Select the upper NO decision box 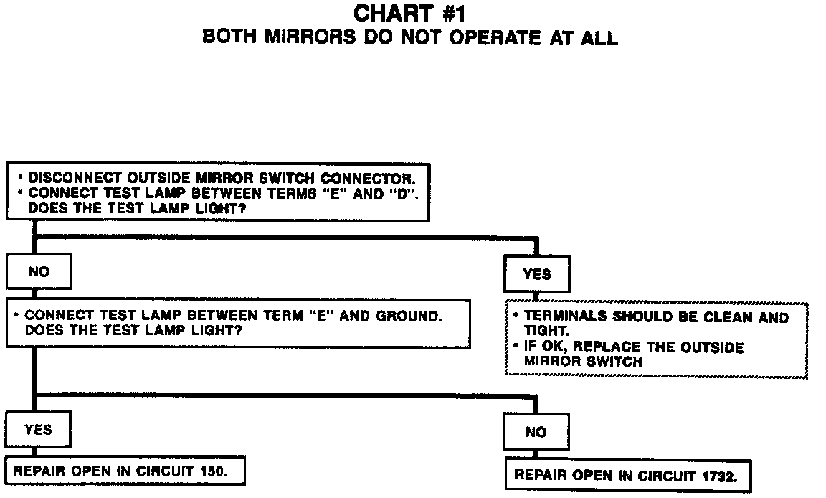[x=39, y=273]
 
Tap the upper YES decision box [x=537, y=274]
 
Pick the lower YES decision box [x=38, y=430]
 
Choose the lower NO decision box [x=536, y=432]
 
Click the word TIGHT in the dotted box [x=545, y=330]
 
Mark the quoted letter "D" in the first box [x=404, y=193]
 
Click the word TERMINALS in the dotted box [x=564, y=316]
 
